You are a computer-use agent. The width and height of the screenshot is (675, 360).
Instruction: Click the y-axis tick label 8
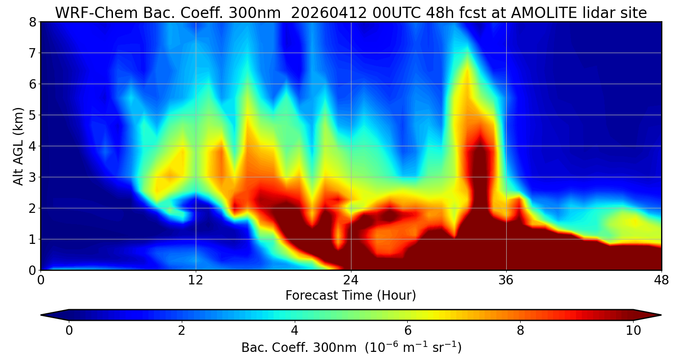[32, 22]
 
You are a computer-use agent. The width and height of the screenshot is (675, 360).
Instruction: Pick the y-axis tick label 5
[32, 115]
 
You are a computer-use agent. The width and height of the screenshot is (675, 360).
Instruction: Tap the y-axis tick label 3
[32, 177]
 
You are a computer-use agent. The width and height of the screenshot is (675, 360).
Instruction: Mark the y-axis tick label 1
[32, 239]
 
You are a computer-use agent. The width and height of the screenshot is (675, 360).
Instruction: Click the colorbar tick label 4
[295, 331]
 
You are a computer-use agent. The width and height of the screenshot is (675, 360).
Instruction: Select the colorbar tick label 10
[633, 331]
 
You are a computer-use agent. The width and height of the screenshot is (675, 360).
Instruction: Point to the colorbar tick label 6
[408, 331]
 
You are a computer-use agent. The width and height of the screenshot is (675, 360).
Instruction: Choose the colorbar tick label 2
[182, 331]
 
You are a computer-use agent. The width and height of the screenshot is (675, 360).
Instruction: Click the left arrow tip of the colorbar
[41, 315]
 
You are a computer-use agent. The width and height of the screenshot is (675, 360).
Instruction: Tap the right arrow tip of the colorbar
[661, 315]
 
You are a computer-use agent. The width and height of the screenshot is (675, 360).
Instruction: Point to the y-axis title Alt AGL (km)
[18, 146]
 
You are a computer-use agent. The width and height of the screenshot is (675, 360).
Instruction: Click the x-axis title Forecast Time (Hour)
[351, 296]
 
